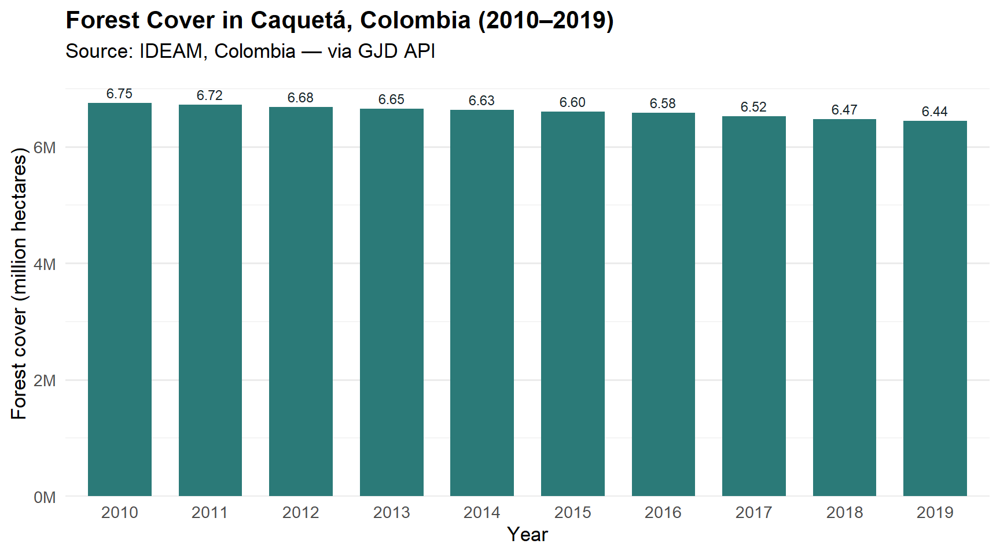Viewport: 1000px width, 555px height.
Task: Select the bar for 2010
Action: click(x=120, y=299)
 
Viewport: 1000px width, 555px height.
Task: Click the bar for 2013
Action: click(x=392, y=302)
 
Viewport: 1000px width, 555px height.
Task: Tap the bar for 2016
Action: click(x=663, y=304)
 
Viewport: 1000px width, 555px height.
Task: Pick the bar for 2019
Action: click(x=935, y=308)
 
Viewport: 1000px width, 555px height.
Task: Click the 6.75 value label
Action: click(x=120, y=94)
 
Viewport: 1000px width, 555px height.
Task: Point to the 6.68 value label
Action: click(x=301, y=98)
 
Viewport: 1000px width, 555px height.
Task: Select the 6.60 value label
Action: click(x=573, y=103)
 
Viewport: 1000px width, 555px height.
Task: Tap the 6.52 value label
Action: click(x=753, y=108)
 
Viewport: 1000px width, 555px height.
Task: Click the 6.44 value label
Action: click(x=935, y=112)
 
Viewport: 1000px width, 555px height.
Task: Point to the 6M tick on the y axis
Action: click(x=45, y=148)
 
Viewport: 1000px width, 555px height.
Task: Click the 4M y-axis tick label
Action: click(x=45, y=265)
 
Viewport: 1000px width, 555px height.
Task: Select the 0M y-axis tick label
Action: click(x=45, y=498)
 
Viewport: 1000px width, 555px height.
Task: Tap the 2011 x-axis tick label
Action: click(x=210, y=513)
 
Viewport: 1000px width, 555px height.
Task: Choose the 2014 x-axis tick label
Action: click(x=482, y=513)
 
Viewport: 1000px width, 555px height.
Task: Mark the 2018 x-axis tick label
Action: click(x=844, y=513)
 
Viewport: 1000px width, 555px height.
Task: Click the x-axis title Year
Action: click(x=527, y=535)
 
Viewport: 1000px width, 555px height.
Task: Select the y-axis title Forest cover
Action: click(x=19, y=283)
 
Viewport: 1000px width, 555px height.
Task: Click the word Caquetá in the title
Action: click(x=300, y=21)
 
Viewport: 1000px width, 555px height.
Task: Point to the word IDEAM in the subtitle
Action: click(x=171, y=51)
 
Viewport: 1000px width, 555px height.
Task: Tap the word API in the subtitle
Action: click(x=420, y=51)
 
